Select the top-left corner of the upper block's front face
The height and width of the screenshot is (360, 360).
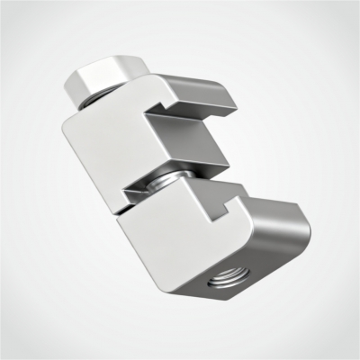(x=68, y=123)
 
